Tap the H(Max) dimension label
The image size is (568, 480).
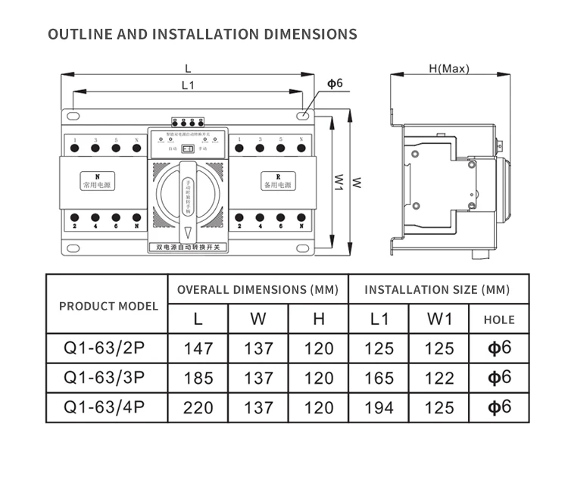[x=448, y=69]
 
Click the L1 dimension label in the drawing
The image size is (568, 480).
[x=188, y=86]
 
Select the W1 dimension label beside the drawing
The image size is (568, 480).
[x=339, y=182]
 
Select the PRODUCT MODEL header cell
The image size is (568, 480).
[x=108, y=306]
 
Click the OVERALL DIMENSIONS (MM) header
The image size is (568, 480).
[x=257, y=289]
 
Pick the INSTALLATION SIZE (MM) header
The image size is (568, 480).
[x=437, y=289]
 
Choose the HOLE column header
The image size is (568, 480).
[x=499, y=319]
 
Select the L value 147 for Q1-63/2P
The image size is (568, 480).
[x=198, y=348]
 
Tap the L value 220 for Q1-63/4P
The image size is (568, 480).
[x=198, y=407]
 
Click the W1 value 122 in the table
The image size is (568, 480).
[x=439, y=377]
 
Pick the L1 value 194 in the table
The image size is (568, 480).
[x=379, y=407]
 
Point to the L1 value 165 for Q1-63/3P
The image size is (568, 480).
[x=379, y=377]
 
